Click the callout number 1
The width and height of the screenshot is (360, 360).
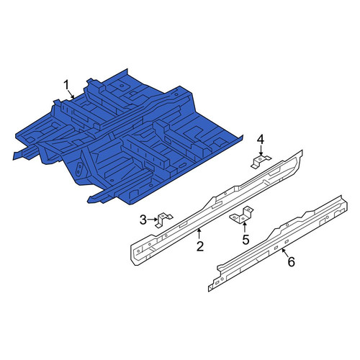click(66, 85)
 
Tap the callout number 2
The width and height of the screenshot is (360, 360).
click(200, 246)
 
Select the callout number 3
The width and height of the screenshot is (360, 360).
click(143, 220)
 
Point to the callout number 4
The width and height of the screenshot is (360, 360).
click(261, 140)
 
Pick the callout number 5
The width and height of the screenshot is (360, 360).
click(246, 240)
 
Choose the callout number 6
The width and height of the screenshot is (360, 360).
click(291, 261)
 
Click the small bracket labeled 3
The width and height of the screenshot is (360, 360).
click(163, 219)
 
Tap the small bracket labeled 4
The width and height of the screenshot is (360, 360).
click(261, 161)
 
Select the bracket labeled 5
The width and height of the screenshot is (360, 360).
click(242, 215)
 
